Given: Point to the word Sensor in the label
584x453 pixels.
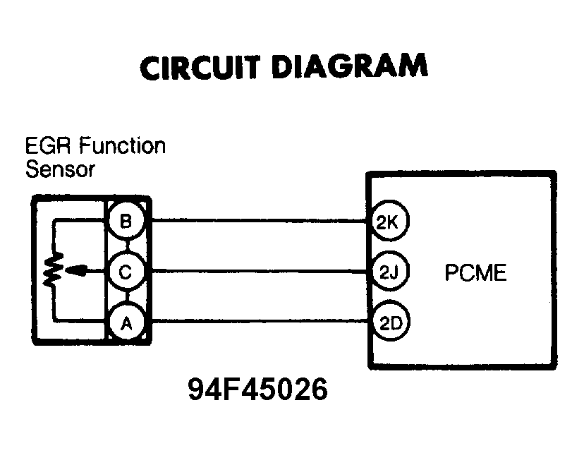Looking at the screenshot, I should pyautogui.click(x=59, y=169).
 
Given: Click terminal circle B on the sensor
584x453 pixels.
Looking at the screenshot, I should pyautogui.click(x=126, y=222).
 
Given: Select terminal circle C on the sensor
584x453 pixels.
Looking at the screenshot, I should pyautogui.click(x=126, y=272).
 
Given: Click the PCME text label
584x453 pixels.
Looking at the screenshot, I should pyautogui.click(x=475, y=272).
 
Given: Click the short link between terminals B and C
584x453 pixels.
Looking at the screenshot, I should pyautogui.click(x=126, y=247).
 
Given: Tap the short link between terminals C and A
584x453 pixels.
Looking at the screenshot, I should pyautogui.click(x=126, y=297).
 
